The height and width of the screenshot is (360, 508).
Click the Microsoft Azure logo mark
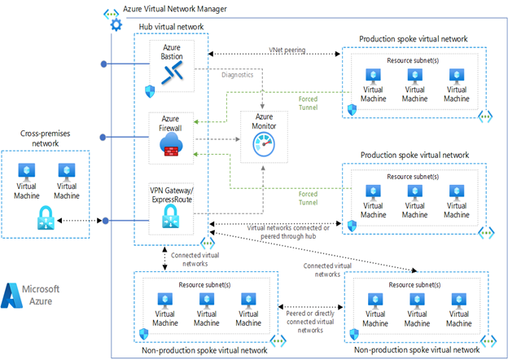(x=15, y=295)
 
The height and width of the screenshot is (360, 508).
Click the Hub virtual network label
(x=171, y=26)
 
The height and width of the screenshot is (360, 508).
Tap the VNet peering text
(x=287, y=50)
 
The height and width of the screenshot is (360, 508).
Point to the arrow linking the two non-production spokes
(x=309, y=309)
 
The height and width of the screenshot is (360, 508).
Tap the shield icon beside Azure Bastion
(x=150, y=91)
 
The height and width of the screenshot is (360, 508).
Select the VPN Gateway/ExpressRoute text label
(x=172, y=194)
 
